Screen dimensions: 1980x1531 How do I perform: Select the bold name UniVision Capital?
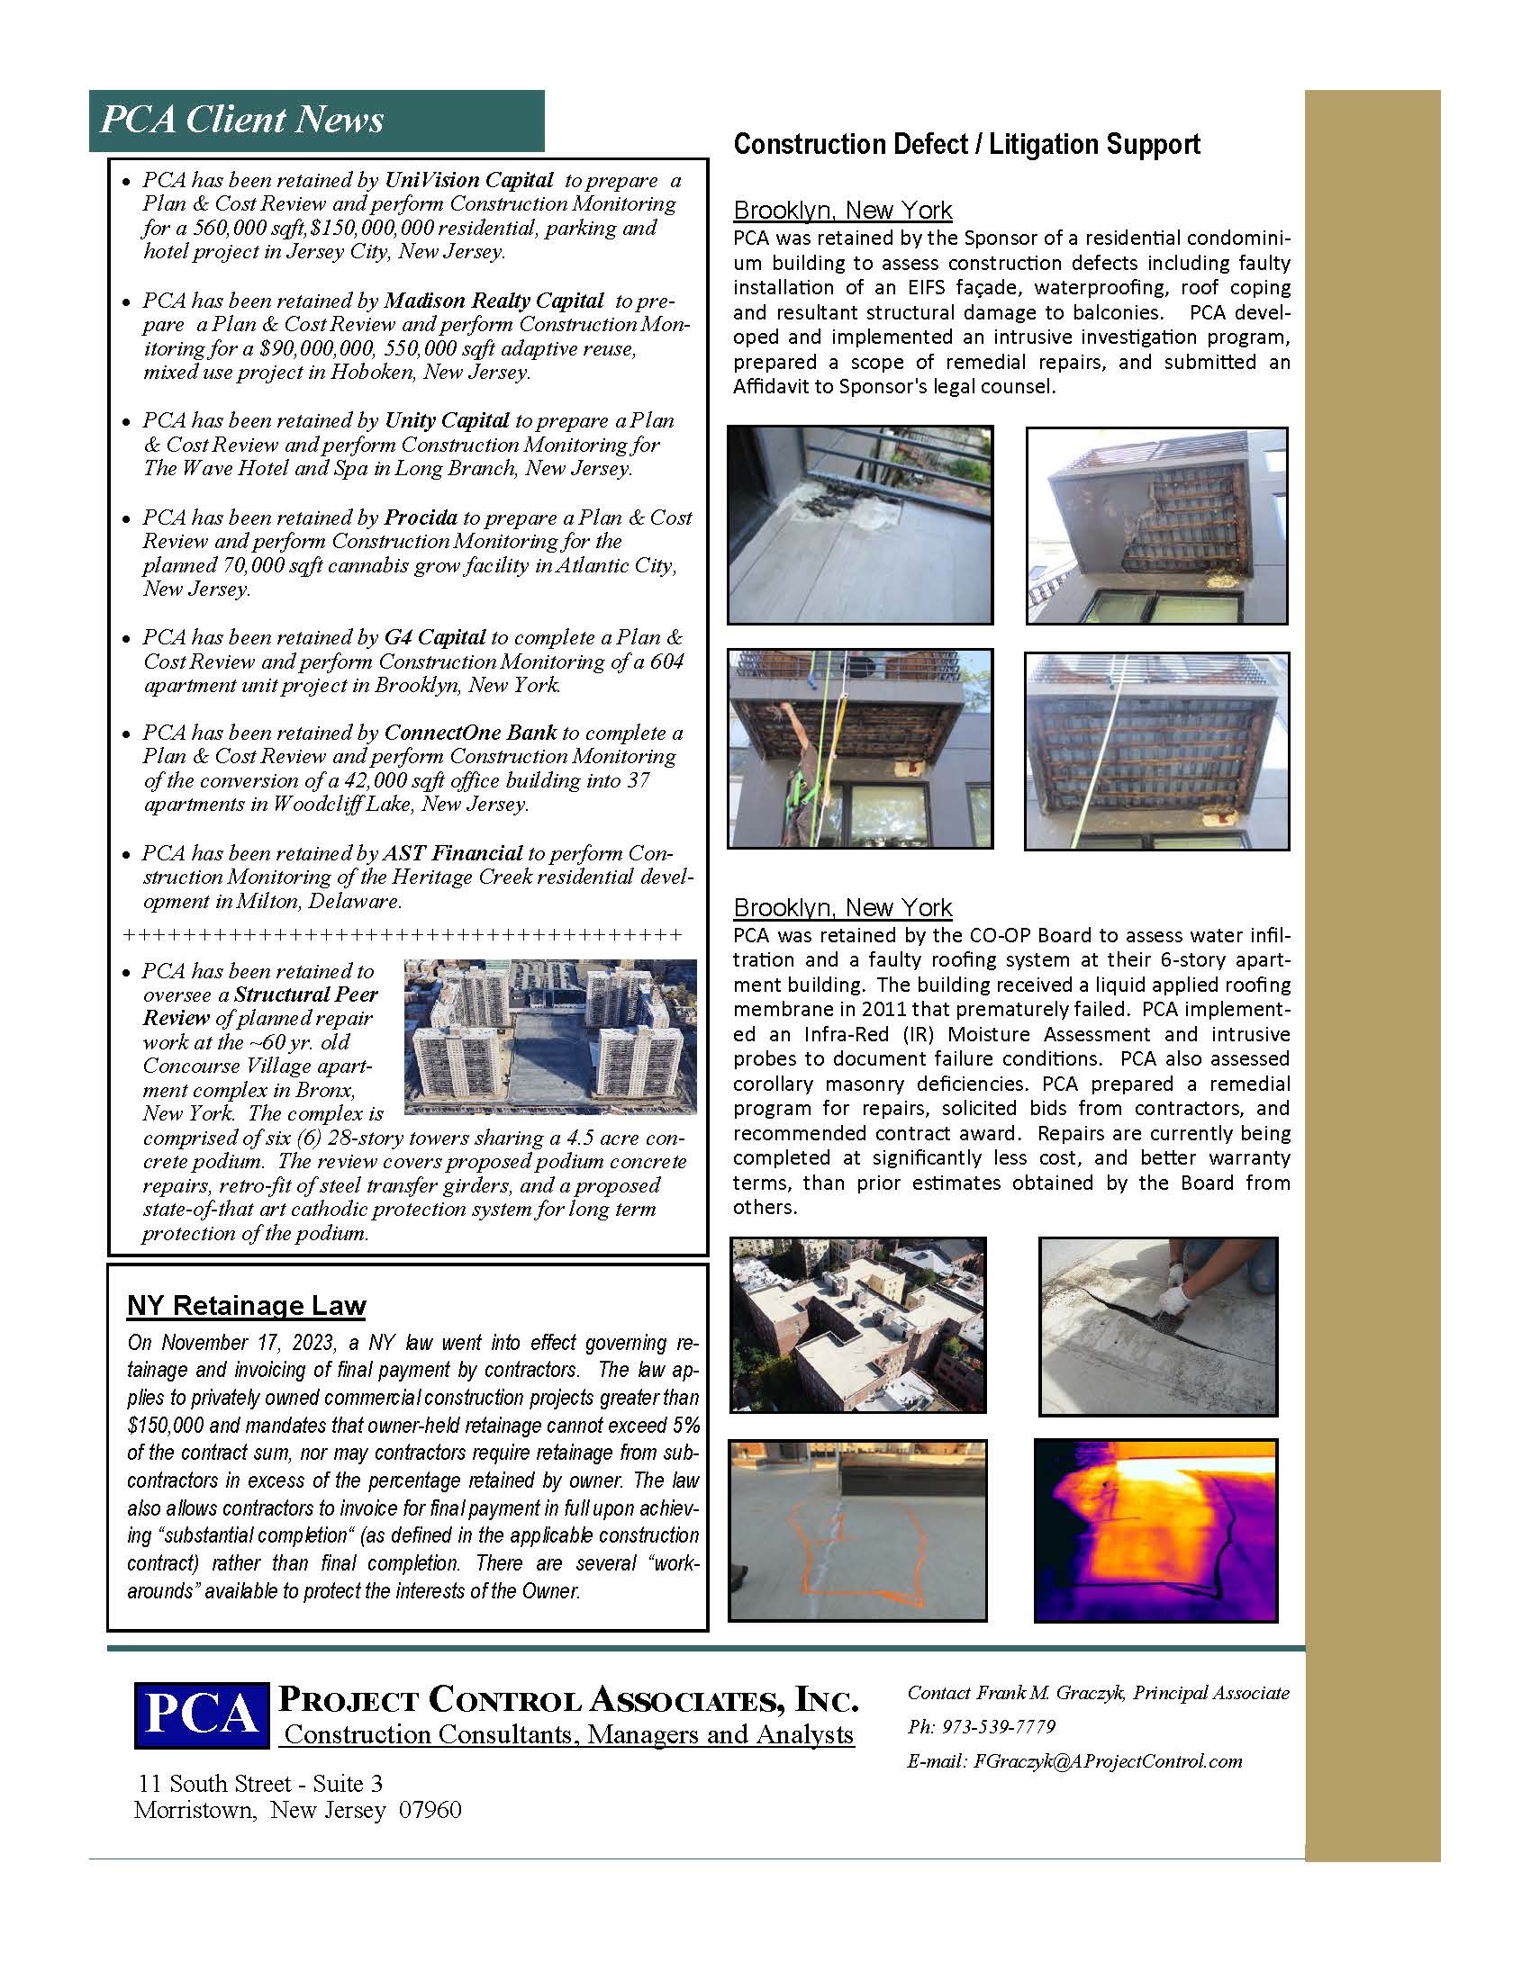coord(469,179)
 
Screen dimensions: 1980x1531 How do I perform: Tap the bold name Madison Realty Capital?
coord(494,300)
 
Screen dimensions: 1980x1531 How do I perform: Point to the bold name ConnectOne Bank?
coord(470,732)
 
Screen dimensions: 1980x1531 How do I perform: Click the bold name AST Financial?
coord(452,852)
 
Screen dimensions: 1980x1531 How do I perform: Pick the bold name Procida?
coord(421,517)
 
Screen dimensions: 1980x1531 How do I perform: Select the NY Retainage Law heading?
coord(246,1305)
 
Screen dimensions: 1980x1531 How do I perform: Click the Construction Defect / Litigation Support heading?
coord(966,144)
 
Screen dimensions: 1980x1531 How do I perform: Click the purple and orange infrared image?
coord(1155,1529)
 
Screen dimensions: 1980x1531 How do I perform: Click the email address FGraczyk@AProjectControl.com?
coord(1107,1760)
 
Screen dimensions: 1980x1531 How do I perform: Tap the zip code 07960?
coord(429,1810)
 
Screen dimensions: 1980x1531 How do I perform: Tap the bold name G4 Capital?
coord(435,636)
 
